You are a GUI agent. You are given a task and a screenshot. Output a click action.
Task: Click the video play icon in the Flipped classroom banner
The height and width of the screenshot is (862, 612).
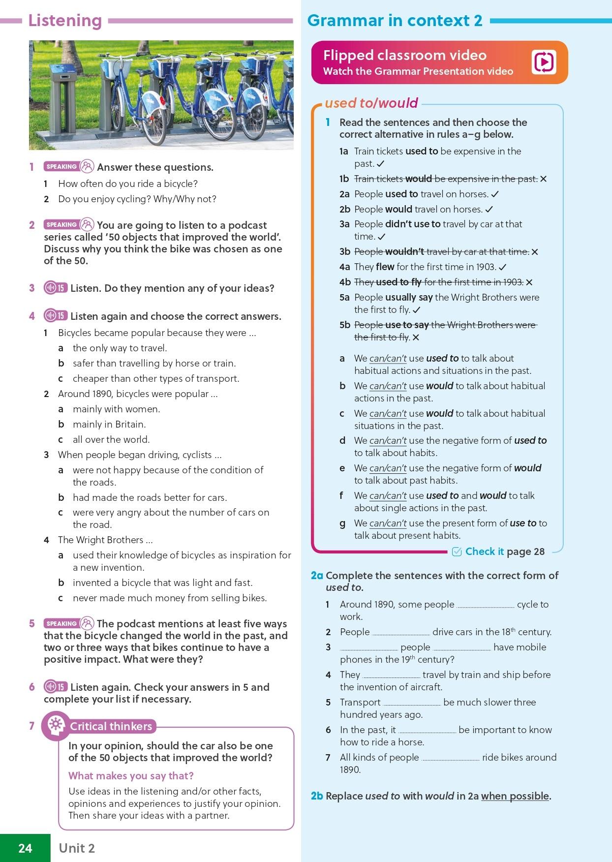pyautogui.click(x=544, y=62)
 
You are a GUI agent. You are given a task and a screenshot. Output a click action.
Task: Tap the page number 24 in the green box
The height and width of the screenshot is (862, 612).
pyautogui.click(x=25, y=848)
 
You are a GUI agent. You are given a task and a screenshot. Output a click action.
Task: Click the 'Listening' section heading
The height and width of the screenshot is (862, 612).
pyautogui.click(x=65, y=21)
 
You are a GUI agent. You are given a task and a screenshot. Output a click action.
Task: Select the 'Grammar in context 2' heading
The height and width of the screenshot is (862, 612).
pyautogui.click(x=395, y=21)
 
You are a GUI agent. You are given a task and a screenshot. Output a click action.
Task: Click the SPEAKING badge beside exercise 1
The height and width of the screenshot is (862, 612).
pyautogui.click(x=61, y=167)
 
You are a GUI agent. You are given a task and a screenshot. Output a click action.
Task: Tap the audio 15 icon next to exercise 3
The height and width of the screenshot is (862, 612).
pyautogui.click(x=56, y=288)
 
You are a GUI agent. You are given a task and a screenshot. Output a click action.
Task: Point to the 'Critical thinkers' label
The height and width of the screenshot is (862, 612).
pyautogui.click(x=111, y=726)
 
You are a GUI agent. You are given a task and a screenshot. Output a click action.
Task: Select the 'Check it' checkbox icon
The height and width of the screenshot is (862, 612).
pyautogui.click(x=457, y=552)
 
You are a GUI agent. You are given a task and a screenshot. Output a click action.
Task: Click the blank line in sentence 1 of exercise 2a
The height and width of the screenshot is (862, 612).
pyautogui.click(x=485, y=606)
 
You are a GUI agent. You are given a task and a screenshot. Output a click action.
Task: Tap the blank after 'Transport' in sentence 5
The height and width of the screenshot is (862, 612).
pyautogui.click(x=412, y=704)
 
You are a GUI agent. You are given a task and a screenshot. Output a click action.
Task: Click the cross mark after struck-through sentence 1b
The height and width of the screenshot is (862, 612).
pyautogui.click(x=543, y=179)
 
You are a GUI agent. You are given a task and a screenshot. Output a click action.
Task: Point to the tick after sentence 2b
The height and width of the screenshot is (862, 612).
pyautogui.click(x=489, y=209)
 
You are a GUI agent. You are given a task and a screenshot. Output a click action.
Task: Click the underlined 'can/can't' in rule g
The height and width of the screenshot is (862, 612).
pyautogui.click(x=388, y=523)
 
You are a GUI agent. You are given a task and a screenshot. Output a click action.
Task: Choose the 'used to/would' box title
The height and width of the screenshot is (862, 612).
pyautogui.click(x=371, y=103)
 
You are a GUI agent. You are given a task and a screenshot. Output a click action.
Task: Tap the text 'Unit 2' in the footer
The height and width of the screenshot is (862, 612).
pyautogui.click(x=77, y=848)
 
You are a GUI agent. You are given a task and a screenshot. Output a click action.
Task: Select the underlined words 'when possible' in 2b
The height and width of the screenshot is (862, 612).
pyautogui.click(x=515, y=796)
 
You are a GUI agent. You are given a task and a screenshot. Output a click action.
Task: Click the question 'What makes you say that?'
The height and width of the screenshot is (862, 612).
pyautogui.click(x=131, y=775)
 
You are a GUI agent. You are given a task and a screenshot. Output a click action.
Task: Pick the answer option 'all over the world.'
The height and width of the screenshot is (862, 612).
pyautogui.click(x=111, y=439)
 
